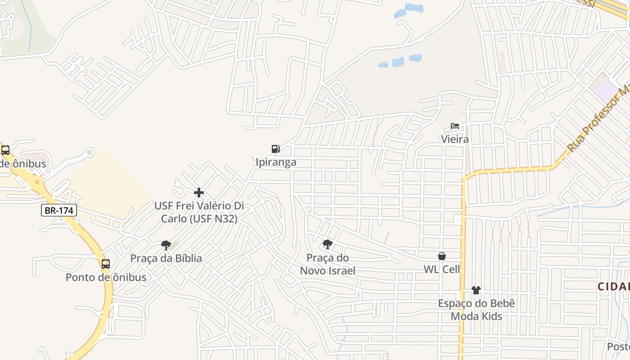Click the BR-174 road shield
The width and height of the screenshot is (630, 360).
(x=59, y=210)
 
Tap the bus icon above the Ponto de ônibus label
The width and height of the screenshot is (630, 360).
(x=106, y=264)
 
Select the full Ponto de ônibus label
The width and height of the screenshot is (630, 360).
(x=106, y=277)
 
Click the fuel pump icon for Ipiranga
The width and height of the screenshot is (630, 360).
(x=276, y=149)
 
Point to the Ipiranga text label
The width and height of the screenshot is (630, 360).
(x=276, y=162)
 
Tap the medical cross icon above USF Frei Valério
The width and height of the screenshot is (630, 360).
(x=199, y=193)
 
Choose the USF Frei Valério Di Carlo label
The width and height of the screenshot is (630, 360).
(x=199, y=212)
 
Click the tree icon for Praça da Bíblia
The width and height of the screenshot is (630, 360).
(x=166, y=245)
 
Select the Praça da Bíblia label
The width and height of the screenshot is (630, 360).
(x=166, y=258)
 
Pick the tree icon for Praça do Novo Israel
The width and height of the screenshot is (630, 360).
(x=328, y=244)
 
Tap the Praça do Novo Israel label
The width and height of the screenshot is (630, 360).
(x=328, y=264)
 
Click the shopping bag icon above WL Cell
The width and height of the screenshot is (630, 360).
(x=442, y=256)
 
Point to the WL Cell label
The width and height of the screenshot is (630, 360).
(x=442, y=269)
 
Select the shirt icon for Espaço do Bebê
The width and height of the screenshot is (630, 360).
(x=476, y=290)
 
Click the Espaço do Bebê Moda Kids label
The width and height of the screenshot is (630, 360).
(x=476, y=310)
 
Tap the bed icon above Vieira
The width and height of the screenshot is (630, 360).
(x=455, y=126)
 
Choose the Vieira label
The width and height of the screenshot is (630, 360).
(x=455, y=139)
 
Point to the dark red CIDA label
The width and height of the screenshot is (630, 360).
(x=614, y=286)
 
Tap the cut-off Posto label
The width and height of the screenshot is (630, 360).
(x=618, y=346)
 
